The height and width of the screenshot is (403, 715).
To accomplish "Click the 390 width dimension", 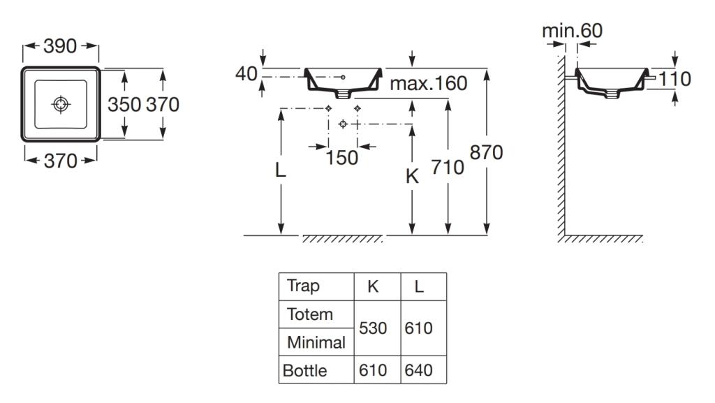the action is (x=60, y=46).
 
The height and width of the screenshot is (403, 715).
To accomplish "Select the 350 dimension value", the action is (x=124, y=104).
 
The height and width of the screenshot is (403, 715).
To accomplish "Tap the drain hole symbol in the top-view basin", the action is (x=61, y=104).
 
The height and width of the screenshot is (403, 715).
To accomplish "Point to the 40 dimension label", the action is (x=246, y=73).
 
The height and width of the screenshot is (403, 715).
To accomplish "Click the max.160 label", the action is (x=429, y=83).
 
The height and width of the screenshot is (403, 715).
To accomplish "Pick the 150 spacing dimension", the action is (x=341, y=158).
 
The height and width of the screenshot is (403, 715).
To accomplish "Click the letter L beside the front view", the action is (x=281, y=170).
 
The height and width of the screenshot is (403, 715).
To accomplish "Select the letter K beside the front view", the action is (x=412, y=176).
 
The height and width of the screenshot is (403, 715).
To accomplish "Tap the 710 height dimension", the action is (x=448, y=168).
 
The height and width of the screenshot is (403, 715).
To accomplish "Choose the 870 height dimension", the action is (x=487, y=152).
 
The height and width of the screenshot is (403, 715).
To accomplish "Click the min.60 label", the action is (x=573, y=31).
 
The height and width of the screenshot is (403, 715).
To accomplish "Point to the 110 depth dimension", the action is (x=675, y=79).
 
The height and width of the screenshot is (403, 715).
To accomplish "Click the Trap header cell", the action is (x=303, y=286).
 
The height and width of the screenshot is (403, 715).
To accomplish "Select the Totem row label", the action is (x=310, y=314).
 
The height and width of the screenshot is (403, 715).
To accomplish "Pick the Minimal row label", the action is (x=316, y=342).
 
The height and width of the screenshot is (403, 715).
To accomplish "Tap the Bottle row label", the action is (x=305, y=371).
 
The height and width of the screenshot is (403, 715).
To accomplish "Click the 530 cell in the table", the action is (x=373, y=328).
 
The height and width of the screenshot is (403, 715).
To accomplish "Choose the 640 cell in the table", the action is (x=419, y=370).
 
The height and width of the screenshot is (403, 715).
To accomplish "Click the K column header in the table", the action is (x=373, y=286).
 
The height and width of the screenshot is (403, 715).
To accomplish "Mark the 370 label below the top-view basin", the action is (x=61, y=161).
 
